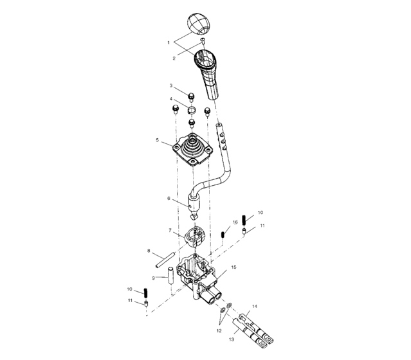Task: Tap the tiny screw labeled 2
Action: pos(203,41)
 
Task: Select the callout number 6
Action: pos(169,199)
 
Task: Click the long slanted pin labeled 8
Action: pos(163,260)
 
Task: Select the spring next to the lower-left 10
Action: pos(147,296)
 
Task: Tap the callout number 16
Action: pos(235,222)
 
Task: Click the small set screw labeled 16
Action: pos(223,233)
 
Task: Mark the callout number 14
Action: pos(254,307)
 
